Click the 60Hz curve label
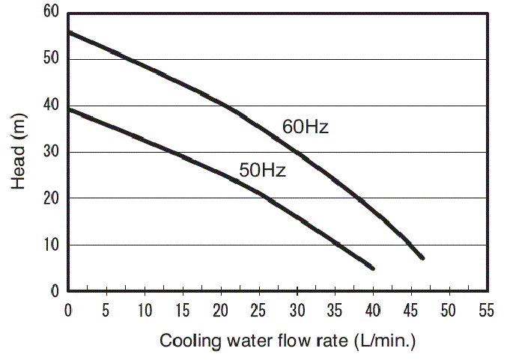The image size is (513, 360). coord(306,126)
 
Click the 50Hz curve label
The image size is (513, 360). coord(262,171)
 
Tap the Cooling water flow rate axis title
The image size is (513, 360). coord(287,341)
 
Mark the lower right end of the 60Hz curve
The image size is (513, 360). coord(422,257)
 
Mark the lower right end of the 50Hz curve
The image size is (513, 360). coord(372,268)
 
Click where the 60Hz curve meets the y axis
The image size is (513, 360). coord(69,32)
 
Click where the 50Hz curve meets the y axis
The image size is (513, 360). coord(69,109)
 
